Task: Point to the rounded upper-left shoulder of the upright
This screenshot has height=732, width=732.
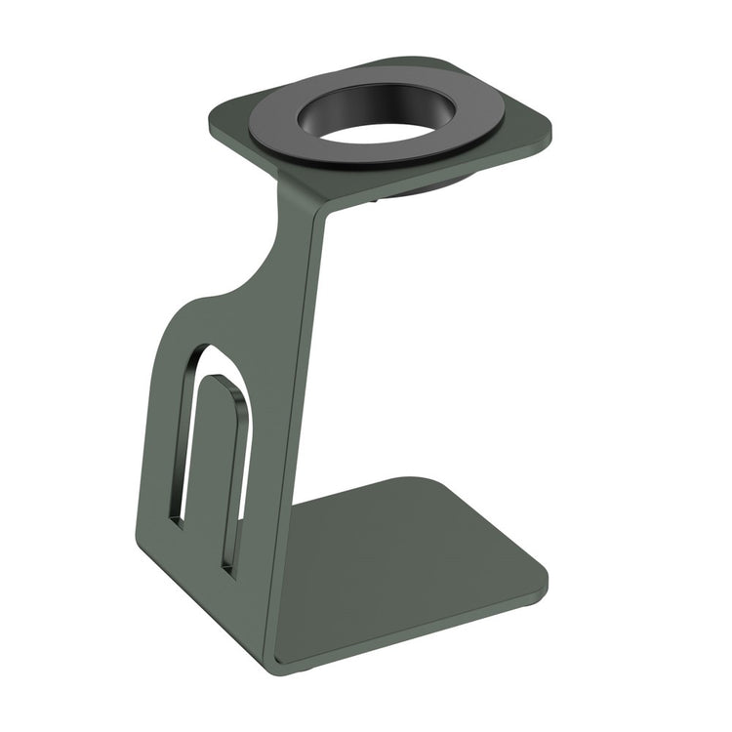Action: (x=181, y=312)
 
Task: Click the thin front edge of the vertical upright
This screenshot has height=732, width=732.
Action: (x=298, y=439)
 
